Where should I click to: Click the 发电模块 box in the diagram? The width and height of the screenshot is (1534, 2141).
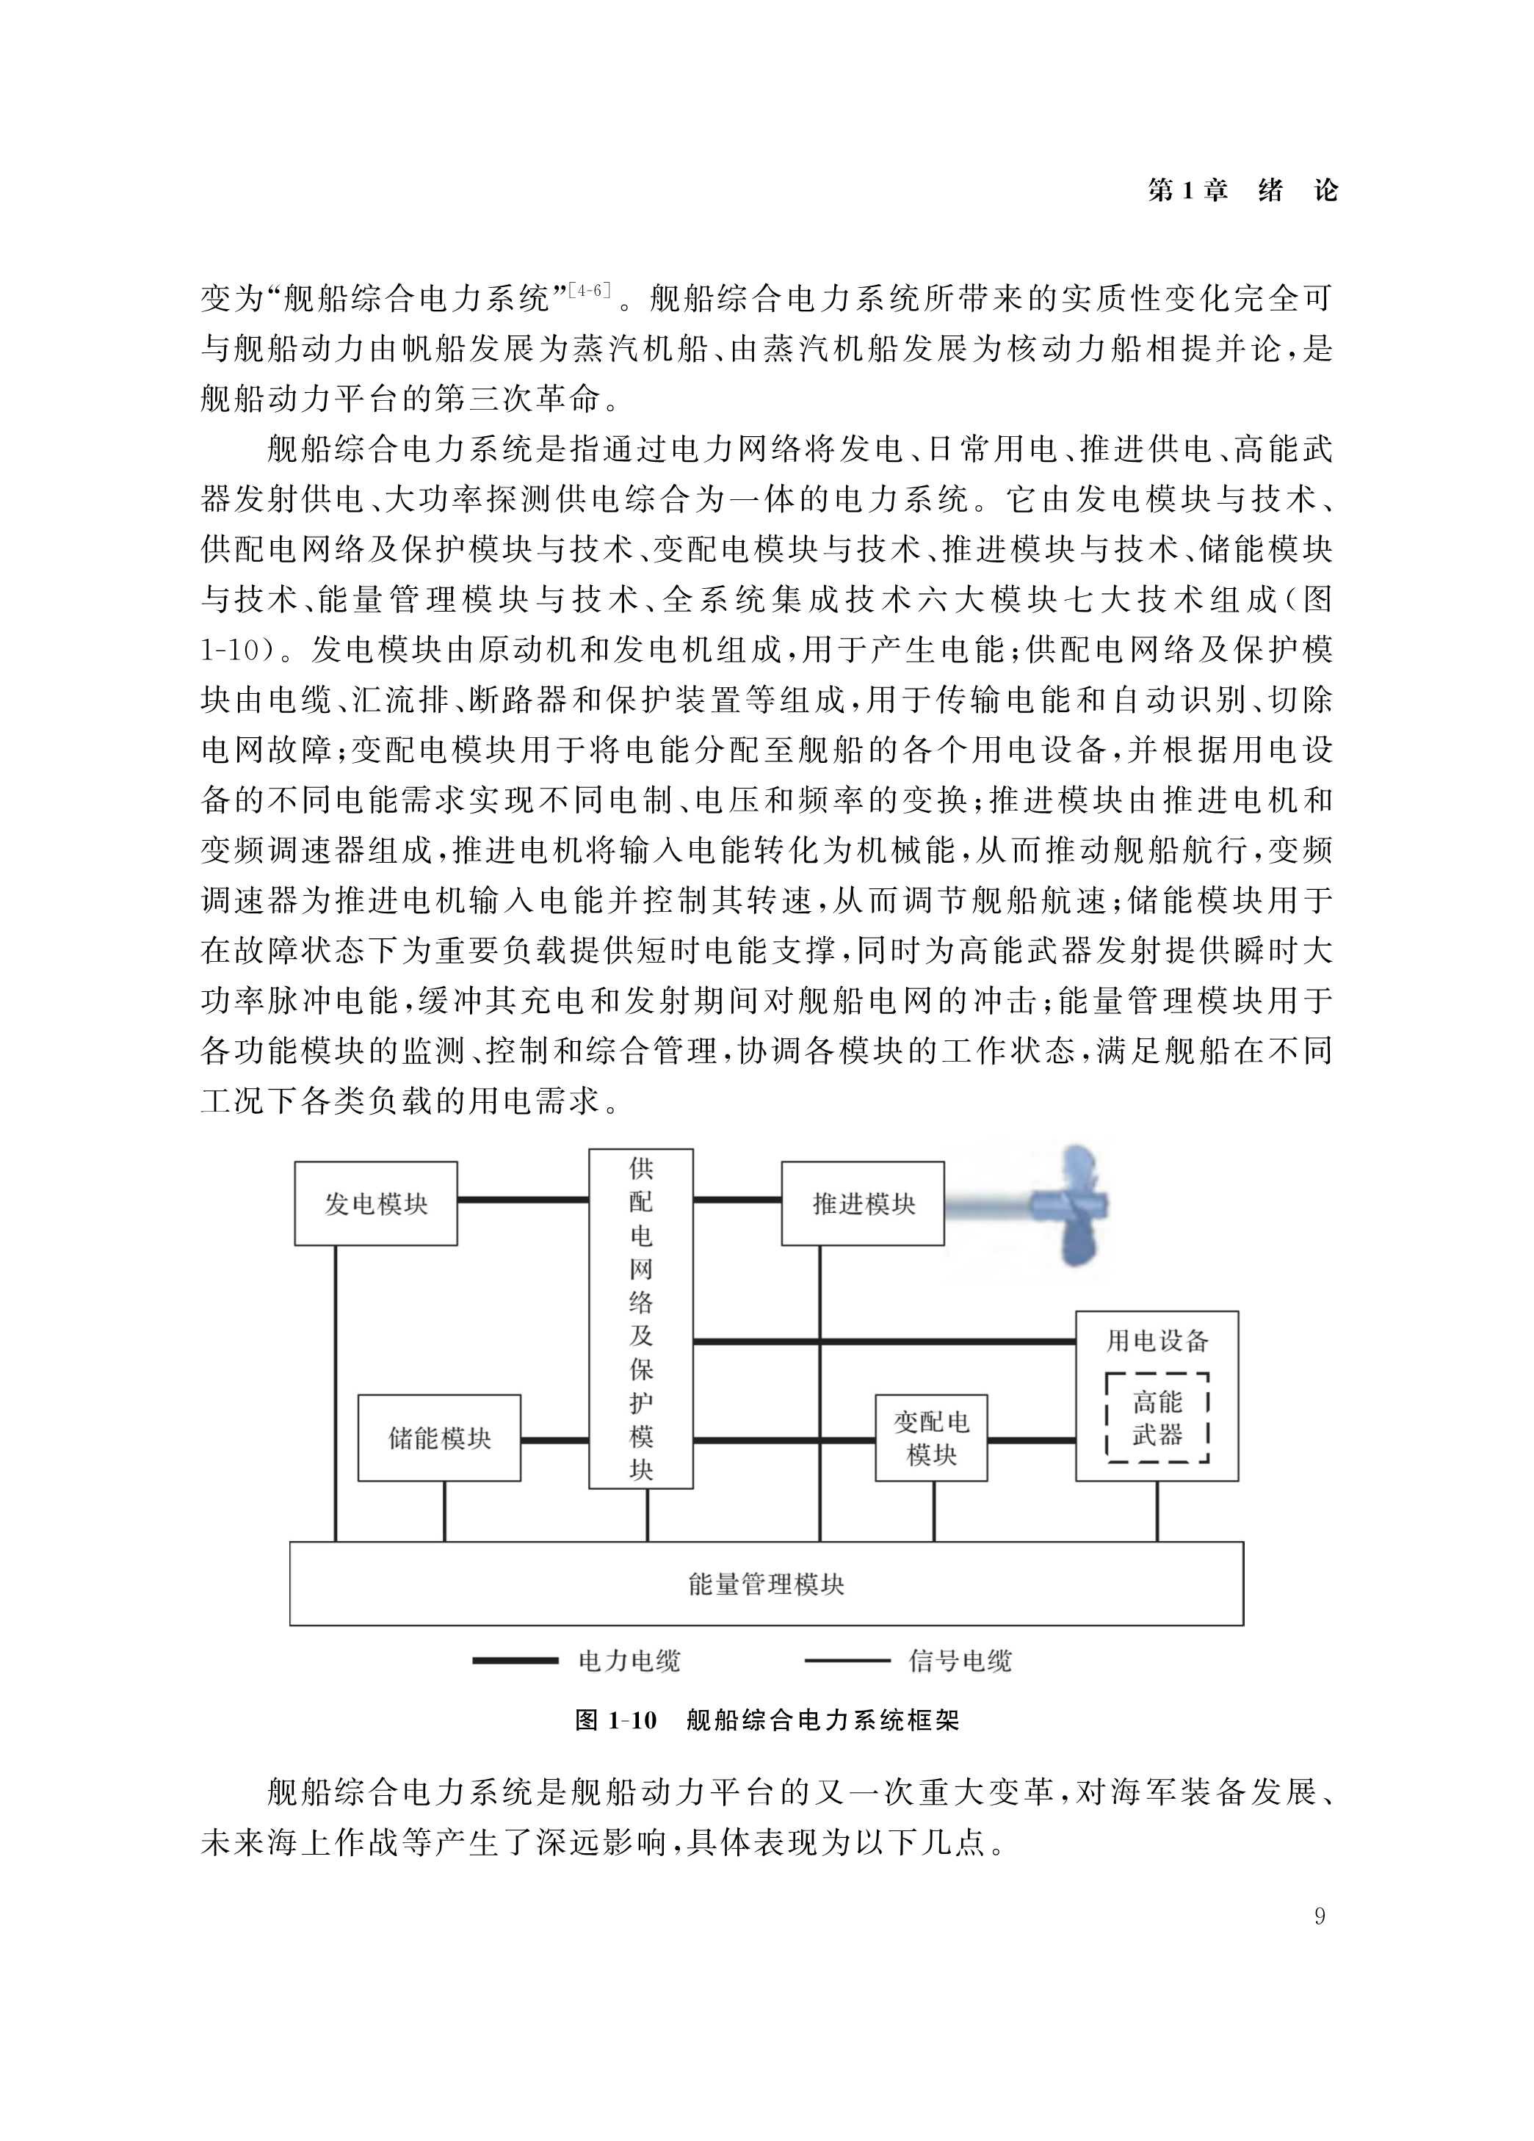(376, 1203)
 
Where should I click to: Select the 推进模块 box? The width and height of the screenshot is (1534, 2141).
(863, 1203)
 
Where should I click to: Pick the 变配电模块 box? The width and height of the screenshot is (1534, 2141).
(931, 1438)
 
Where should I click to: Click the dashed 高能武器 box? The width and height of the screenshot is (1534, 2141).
(1157, 1418)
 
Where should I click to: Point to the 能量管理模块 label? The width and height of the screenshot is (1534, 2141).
(766, 1583)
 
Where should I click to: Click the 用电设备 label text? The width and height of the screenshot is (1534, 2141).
(1157, 1341)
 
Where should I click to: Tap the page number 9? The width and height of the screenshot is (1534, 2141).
(1319, 1916)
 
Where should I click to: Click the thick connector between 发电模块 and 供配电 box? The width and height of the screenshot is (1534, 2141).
(523, 1200)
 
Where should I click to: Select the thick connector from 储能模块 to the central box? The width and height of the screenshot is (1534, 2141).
(554, 1441)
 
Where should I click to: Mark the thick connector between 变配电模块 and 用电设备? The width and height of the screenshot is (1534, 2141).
(1031, 1441)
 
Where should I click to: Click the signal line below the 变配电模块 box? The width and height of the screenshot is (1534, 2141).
(933, 1511)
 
